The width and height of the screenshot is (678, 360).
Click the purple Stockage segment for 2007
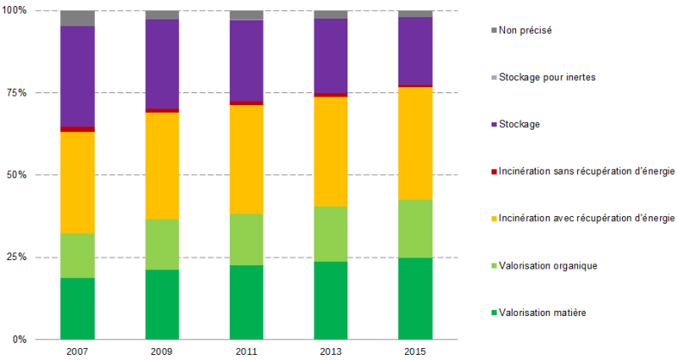(x=77, y=76)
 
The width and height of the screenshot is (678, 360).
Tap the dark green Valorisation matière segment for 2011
(x=247, y=302)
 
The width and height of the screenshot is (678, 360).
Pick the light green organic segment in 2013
(x=331, y=234)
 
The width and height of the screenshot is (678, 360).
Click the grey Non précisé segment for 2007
(x=77, y=19)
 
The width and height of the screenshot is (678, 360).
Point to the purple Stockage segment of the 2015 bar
(x=415, y=51)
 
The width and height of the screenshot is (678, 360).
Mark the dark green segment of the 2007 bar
(x=77, y=308)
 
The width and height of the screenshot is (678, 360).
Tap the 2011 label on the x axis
(x=247, y=351)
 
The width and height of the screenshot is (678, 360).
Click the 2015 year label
(x=415, y=351)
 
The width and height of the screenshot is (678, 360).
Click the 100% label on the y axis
(x=14, y=10)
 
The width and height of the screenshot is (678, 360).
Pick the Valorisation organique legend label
(x=548, y=266)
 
